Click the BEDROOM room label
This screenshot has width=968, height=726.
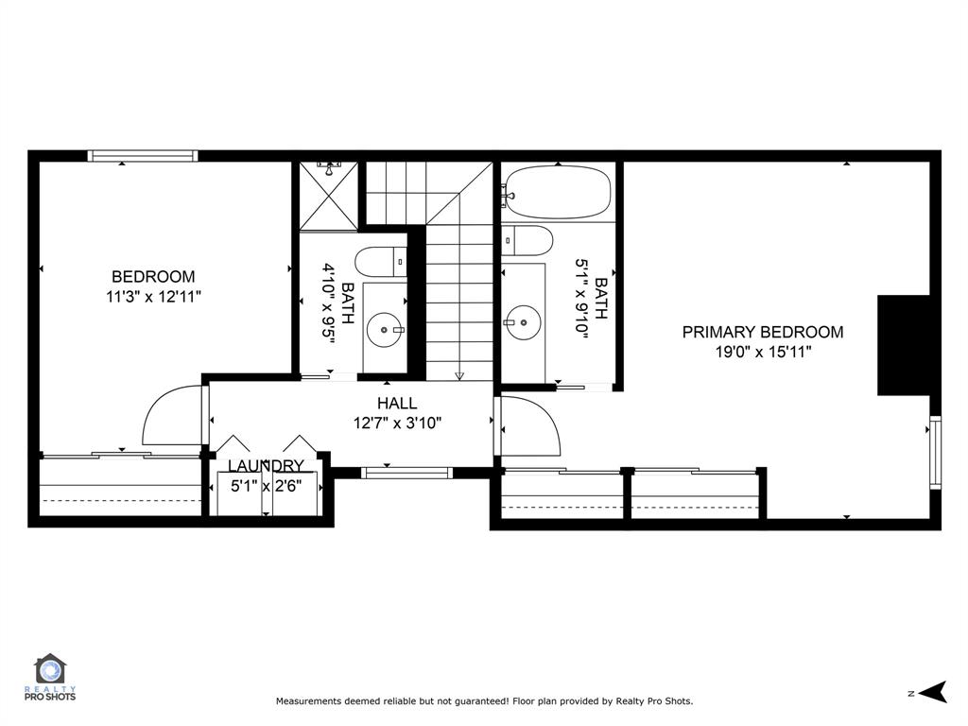coord(153,277)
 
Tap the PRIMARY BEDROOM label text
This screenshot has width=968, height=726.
coord(763,332)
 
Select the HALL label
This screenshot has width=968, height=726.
coord(397,404)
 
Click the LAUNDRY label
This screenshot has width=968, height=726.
coord(266,466)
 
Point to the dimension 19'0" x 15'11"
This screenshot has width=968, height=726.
coord(763,352)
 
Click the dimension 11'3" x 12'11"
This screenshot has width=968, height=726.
coord(153,297)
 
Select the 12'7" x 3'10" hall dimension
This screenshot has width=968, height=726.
coord(397,423)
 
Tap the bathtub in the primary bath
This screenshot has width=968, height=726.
coord(557,194)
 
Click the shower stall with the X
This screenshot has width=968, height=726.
coord(329,196)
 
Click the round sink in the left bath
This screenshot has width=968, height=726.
coord(387,329)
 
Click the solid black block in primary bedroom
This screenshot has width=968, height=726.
coord(905,345)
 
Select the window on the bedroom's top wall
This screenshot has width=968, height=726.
coord(143,156)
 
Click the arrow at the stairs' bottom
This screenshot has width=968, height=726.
coord(459,374)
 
